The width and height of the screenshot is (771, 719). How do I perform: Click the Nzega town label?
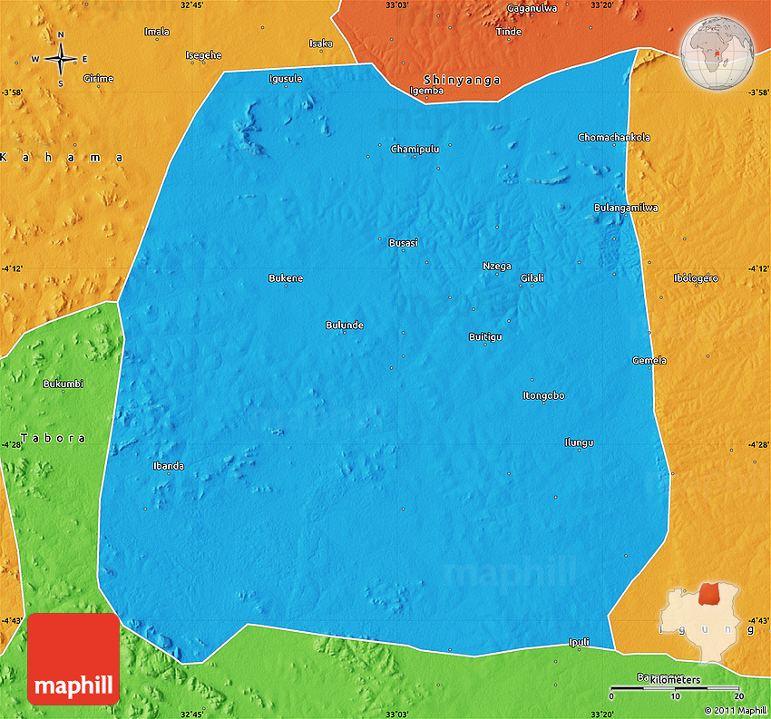click(x=496, y=266)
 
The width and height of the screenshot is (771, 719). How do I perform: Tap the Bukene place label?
click(x=286, y=277)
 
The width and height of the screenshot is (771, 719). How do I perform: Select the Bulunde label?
click(x=345, y=325)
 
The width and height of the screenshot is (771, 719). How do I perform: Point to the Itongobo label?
click(x=544, y=395)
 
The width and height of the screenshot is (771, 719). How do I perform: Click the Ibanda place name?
click(x=169, y=466)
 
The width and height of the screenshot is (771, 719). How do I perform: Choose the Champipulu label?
click(x=415, y=149)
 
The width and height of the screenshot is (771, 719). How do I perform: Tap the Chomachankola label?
click(x=614, y=138)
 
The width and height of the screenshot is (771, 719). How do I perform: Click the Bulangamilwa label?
click(x=626, y=208)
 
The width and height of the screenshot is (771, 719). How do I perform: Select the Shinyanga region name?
click(x=462, y=80)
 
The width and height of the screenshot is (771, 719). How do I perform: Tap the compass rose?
click(x=61, y=59)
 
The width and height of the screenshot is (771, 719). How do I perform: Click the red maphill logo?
click(x=73, y=659)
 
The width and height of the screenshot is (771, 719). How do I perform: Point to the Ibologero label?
click(x=696, y=277)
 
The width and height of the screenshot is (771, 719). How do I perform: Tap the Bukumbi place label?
click(x=63, y=384)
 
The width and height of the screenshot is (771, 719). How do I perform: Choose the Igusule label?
click(x=286, y=79)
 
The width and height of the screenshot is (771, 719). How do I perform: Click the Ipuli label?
click(x=579, y=642)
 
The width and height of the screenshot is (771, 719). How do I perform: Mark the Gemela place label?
click(x=649, y=360)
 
